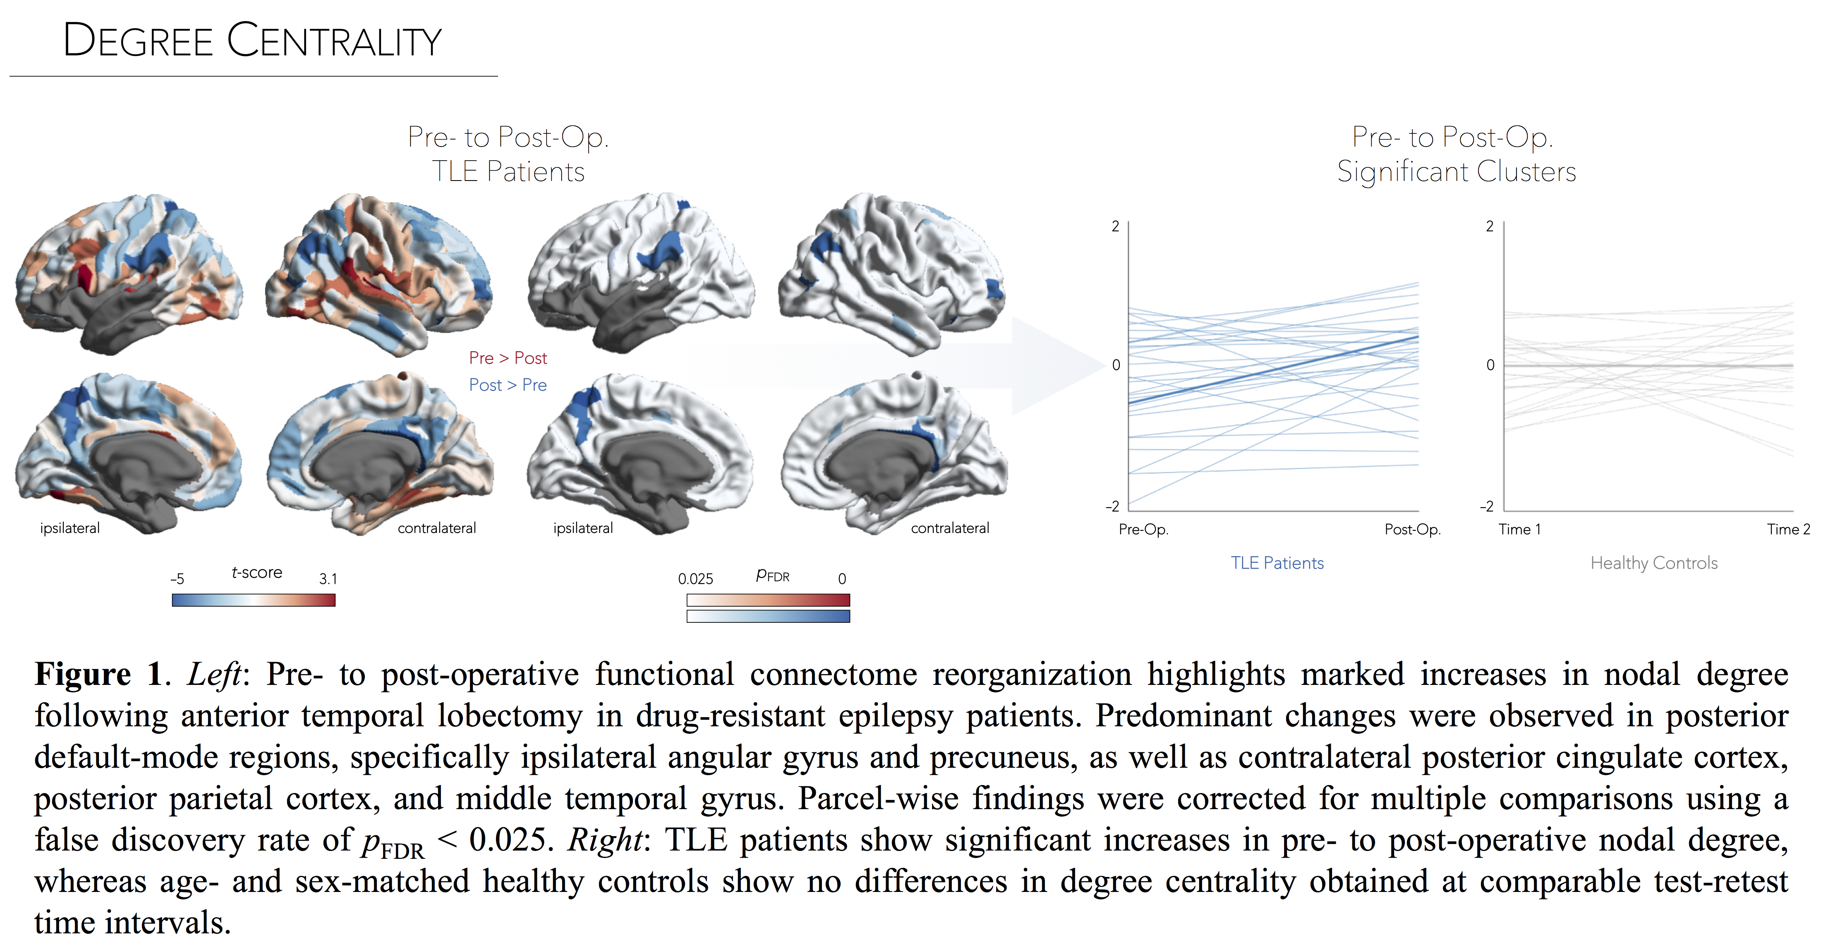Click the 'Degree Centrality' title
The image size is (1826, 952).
252,41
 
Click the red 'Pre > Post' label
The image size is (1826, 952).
508,358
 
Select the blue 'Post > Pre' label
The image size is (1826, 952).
508,385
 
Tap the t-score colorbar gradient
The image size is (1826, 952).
253,600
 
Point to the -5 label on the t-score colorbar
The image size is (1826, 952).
177,579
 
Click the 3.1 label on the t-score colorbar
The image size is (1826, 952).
328,579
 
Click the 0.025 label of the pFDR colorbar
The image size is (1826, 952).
695,579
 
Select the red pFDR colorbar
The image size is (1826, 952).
768,600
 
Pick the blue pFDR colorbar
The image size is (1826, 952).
768,617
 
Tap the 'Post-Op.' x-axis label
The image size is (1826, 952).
1412,529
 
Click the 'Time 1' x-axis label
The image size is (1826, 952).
1519,529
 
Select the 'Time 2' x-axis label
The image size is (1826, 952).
1788,529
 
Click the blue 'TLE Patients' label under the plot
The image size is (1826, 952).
1277,563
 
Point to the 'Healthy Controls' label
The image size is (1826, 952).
1654,563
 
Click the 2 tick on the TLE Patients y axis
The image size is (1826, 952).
1115,226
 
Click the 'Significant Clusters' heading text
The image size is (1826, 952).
1456,172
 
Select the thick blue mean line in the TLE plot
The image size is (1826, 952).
1273,370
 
